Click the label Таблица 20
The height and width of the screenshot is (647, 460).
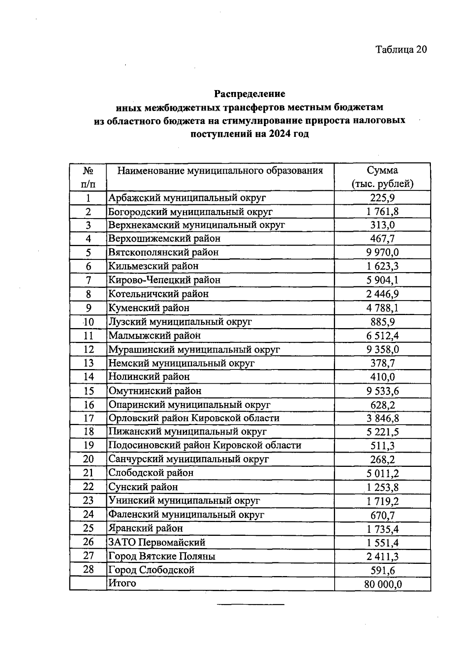pyautogui.click(x=401, y=50)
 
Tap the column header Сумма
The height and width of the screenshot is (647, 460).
pyautogui.click(x=382, y=171)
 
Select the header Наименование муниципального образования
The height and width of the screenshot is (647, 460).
pyautogui.click(x=220, y=171)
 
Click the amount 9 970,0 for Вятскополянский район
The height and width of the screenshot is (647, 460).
pyautogui.click(x=382, y=253)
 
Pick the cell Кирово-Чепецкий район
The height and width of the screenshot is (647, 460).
pyautogui.click(x=164, y=280)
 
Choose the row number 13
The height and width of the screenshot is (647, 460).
pyautogui.click(x=88, y=363)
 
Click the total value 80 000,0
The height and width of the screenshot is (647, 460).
pyautogui.click(x=382, y=584)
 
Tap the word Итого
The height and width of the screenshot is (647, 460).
pyautogui.click(x=122, y=583)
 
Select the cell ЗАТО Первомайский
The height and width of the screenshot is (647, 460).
pyautogui.click(x=157, y=542)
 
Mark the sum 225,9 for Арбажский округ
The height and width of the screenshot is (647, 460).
pyautogui.click(x=382, y=198)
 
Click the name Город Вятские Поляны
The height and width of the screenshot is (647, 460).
pyautogui.click(x=162, y=556)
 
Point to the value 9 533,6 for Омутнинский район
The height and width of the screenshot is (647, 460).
pyautogui.click(x=382, y=391)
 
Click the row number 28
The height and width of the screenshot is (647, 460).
pyautogui.click(x=88, y=570)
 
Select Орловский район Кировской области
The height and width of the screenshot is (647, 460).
pyautogui.click(x=194, y=418)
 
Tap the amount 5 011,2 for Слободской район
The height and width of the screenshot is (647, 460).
pyautogui.click(x=382, y=473)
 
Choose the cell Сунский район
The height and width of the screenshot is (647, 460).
pyautogui.click(x=143, y=487)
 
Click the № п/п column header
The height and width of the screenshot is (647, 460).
pyautogui.click(x=88, y=177)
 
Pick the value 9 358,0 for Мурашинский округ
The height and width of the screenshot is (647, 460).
pyautogui.click(x=382, y=350)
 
